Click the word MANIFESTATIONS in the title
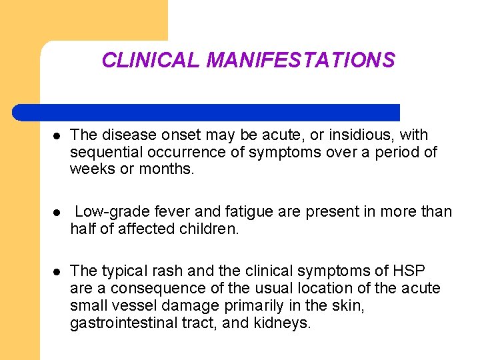point(301,61)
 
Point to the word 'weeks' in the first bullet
point(91,169)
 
